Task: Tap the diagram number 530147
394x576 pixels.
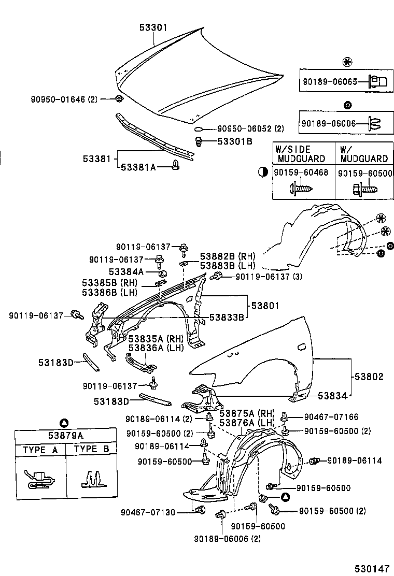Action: [x=371, y=568]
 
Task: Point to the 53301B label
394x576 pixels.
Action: [x=234, y=141]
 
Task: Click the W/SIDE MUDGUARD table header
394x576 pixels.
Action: [x=301, y=154]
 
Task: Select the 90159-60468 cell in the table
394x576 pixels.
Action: [x=301, y=173]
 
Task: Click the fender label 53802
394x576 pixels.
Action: [x=370, y=377]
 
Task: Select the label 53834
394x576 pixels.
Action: [x=332, y=396]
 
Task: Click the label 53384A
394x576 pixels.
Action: [x=126, y=271]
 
